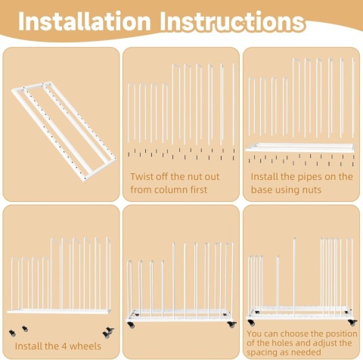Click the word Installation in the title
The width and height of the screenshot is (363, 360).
[85, 21]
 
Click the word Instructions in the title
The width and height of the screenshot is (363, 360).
[232, 21]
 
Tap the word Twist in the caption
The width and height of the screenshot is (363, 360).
[142, 176]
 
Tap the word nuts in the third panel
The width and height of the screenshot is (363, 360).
[312, 190]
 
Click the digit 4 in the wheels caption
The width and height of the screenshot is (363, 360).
[64, 346]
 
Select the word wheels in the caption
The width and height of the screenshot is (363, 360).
[85, 346]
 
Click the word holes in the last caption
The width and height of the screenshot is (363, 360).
[281, 343]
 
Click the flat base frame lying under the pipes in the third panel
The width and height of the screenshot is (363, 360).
[299, 147]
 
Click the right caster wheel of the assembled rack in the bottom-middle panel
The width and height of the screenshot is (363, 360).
[231, 324]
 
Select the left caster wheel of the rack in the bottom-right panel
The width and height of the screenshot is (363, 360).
[251, 322]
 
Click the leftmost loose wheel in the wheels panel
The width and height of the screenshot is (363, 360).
[12, 334]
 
